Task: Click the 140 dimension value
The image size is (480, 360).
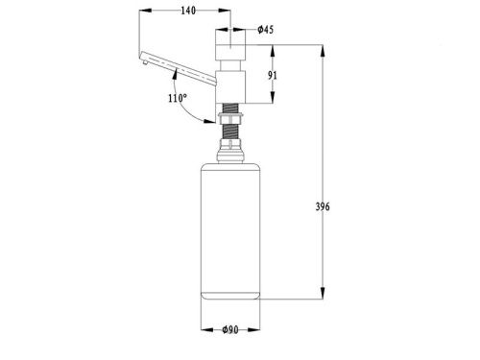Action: pos(188,11)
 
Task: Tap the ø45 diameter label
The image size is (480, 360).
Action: pos(266,30)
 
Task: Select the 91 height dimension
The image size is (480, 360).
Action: pos(273,76)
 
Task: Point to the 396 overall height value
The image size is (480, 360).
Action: pos(323,206)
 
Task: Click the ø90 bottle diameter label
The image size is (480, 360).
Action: pos(230,329)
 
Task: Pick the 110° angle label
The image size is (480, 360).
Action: pos(178,98)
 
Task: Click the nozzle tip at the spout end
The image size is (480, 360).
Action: pos(145,62)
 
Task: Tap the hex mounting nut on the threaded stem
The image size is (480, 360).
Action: pos(230,117)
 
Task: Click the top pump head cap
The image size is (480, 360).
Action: pos(230,44)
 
